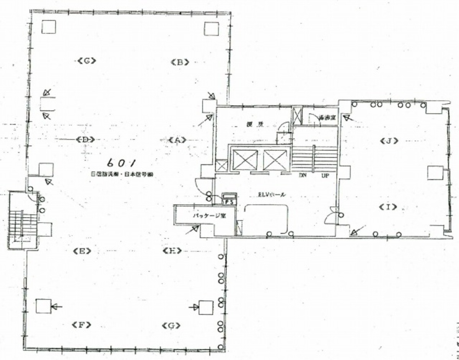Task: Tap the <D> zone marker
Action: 86,140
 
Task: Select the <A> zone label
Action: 177,140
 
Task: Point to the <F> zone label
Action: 81,325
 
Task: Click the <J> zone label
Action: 389,140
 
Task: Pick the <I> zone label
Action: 388,207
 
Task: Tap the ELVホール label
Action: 272,195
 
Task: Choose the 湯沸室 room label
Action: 327,118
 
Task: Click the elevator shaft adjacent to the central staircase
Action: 275,160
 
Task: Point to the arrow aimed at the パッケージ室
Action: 194,230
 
